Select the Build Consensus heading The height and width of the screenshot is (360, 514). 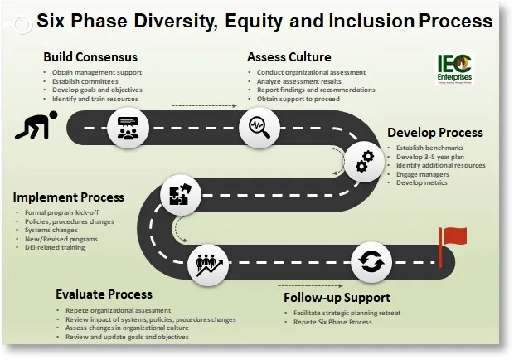90,57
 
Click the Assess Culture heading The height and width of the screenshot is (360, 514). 289,57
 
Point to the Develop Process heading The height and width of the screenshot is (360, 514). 434,133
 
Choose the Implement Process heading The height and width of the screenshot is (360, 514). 69,197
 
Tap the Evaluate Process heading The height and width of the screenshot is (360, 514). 104,294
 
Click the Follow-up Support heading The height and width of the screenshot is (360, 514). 337,297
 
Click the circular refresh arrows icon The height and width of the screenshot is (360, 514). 369,262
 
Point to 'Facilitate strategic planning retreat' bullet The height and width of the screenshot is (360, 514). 339,313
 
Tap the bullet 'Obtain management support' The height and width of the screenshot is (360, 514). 92,73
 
